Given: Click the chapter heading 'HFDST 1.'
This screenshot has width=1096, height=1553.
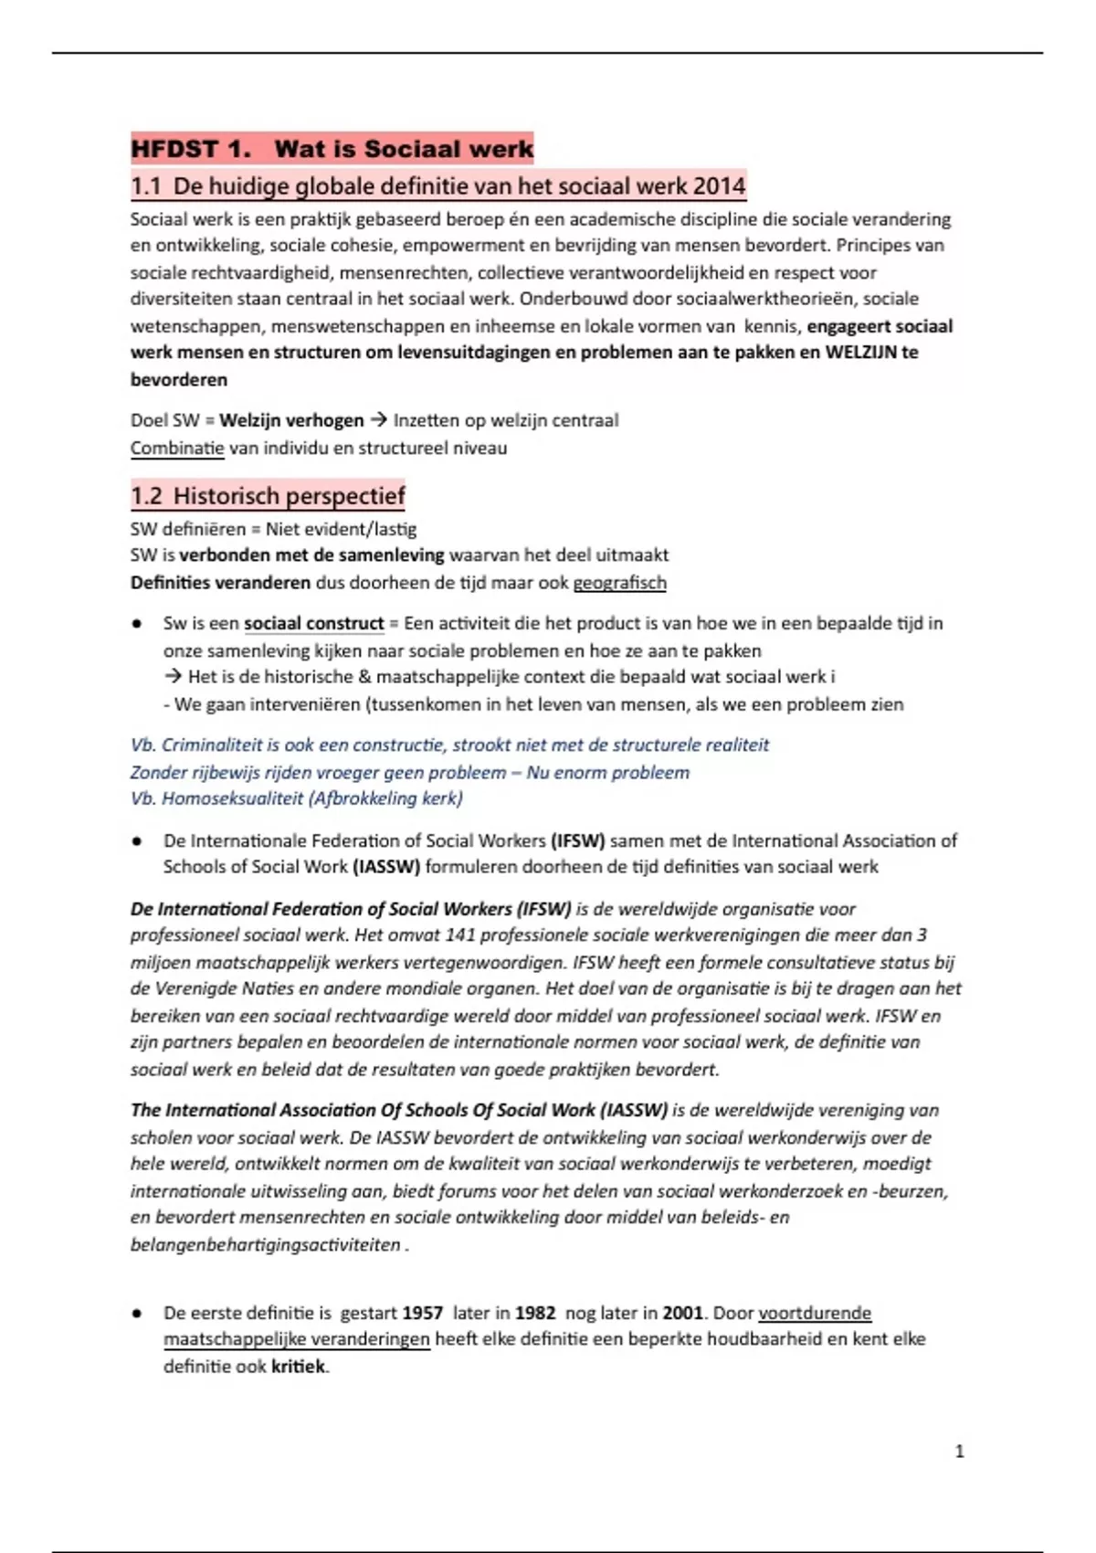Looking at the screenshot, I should click(x=191, y=149).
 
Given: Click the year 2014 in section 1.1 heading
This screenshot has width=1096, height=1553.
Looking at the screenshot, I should click(x=719, y=186).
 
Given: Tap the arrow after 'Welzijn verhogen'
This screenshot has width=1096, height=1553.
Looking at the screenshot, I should click(x=378, y=420).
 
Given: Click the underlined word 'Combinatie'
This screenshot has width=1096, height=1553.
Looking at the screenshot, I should click(x=177, y=449).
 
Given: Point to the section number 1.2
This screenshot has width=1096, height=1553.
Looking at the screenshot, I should click(x=146, y=496).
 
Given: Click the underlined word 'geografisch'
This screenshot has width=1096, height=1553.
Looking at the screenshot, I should click(x=619, y=583).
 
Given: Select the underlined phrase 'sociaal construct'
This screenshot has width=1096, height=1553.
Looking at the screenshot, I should click(x=313, y=624).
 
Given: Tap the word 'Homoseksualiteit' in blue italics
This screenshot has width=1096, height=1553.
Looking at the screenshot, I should click(x=232, y=798).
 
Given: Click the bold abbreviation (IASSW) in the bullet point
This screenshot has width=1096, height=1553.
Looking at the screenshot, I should click(x=385, y=867).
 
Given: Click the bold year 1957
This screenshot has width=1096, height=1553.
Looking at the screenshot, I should click(x=422, y=1314).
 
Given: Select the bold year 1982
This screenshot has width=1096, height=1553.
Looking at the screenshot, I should click(x=535, y=1314).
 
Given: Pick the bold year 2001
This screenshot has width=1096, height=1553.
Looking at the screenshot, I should click(x=682, y=1314).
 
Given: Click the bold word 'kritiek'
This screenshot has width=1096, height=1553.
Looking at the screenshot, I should click(x=298, y=1368).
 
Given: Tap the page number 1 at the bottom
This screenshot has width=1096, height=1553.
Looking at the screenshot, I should click(x=959, y=1452).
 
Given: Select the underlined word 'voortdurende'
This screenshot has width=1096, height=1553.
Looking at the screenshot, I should click(x=815, y=1314).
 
